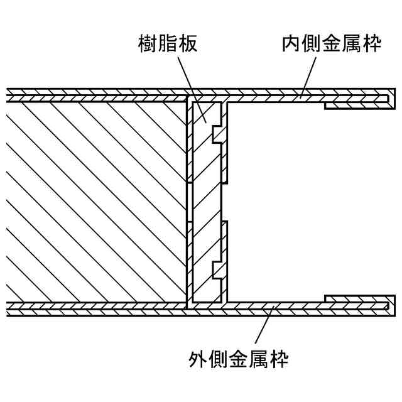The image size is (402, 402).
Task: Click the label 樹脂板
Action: (x=168, y=45)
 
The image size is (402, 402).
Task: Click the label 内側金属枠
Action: (x=331, y=45)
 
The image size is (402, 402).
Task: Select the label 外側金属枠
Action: (x=239, y=359)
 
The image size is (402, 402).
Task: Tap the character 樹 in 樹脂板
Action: (x=148, y=45)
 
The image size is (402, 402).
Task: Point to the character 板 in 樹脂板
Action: (x=187, y=45)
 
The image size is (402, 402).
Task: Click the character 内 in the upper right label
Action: (x=291, y=45)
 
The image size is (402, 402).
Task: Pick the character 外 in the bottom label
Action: (x=198, y=359)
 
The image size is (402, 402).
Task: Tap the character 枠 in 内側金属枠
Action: (x=371, y=45)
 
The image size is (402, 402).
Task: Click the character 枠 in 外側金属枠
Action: (x=279, y=359)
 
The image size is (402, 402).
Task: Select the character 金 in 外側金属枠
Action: (x=239, y=359)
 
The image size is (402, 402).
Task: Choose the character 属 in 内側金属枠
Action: (x=351, y=45)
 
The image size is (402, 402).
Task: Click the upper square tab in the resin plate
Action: (x=218, y=134)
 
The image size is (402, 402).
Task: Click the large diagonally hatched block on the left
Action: (x=94, y=201)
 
